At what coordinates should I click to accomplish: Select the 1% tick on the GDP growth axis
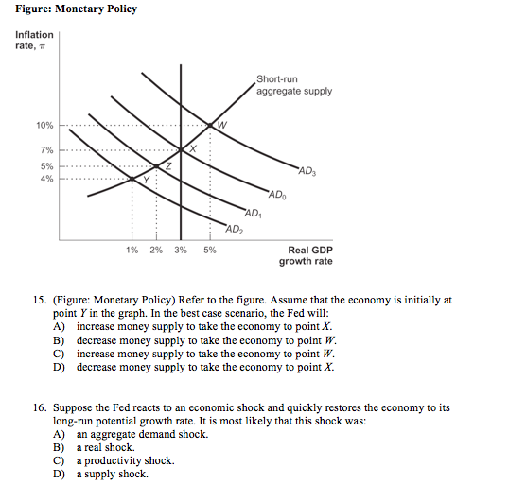132,250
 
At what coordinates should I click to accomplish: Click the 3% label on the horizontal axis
180,250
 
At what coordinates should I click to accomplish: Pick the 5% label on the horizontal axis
209,250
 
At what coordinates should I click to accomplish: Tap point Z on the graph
165,167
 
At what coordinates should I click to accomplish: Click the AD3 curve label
308,170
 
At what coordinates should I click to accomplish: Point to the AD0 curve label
276,196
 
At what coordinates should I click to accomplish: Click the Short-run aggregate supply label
293,85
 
